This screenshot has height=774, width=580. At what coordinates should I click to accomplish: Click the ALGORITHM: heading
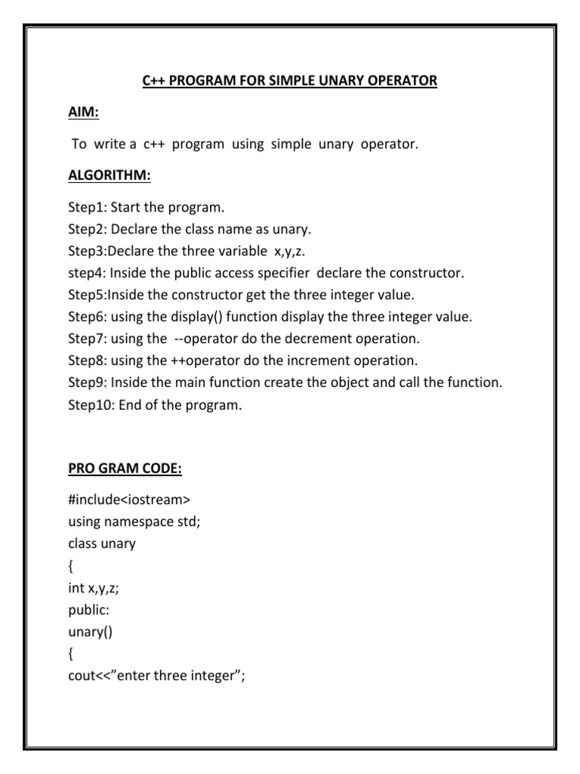[x=109, y=175]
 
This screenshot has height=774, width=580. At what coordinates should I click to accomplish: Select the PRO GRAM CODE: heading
[x=125, y=469]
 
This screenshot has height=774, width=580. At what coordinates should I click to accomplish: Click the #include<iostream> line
[x=128, y=500]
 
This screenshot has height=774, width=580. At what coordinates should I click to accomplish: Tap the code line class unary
[x=101, y=543]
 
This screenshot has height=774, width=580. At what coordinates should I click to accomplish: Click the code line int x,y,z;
[x=93, y=588]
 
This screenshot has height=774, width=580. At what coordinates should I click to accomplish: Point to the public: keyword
[x=88, y=610]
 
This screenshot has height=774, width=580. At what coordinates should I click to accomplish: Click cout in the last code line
[x=81, y=676]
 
